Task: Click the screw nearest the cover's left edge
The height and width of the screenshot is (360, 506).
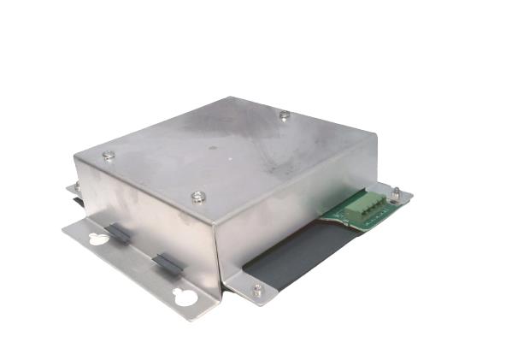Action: [x=109, y=156]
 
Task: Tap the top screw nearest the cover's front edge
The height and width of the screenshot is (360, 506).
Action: [x=197, y=198]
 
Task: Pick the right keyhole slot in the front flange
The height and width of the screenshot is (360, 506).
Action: [x=181, y=298]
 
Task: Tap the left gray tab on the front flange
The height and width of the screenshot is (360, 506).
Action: [x=119, y=233]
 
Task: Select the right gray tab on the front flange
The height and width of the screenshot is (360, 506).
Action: [x=168, y=264]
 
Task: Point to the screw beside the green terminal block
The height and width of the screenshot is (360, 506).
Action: [x=396, y=192]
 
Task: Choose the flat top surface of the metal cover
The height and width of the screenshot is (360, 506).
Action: [x=231, y=154]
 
